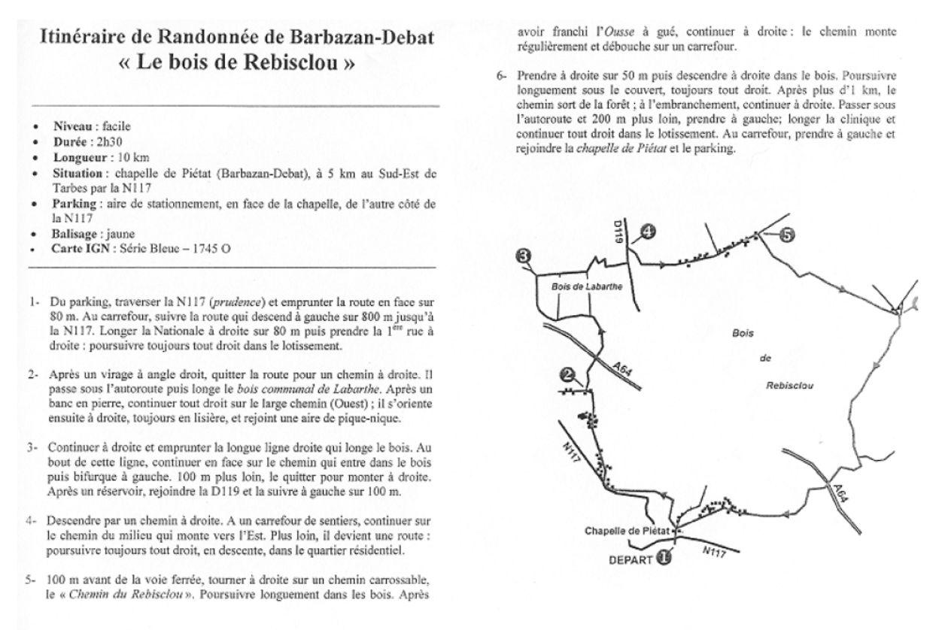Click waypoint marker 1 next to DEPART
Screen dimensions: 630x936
[663, 558]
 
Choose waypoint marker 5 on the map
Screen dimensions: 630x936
[785, 235]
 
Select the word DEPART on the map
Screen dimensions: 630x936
[629, 559]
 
